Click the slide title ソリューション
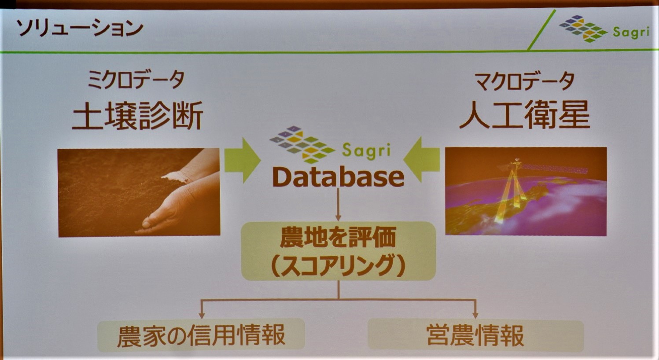coord(79,29)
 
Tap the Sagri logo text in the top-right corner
coord(631,32)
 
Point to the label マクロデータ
coord(525,81)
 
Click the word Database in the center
coord(339,177)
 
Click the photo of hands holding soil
coord(139,192)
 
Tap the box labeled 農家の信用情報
coord(201,335)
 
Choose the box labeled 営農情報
coord(475,335)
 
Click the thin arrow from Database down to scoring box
coord(338,205)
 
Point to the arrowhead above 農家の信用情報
coord(202,315)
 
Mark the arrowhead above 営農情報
coord(475,315)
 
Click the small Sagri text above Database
coord(367,151)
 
